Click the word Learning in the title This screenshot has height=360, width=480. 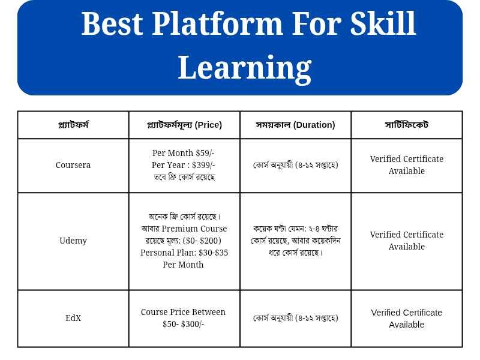[245, 68]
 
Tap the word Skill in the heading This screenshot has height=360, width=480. [383, 23]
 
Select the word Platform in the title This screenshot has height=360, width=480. [217, 23]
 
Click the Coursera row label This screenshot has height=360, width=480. [73, 165]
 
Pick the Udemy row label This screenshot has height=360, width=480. [73, 241]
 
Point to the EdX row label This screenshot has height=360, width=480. [73, 318]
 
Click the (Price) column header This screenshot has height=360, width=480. [208, 125]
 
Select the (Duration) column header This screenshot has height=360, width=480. [314, 125]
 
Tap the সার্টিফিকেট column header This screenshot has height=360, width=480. [407, 125]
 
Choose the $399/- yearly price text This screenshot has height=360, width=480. [203, 165]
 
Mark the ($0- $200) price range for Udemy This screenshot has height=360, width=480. [202, 241]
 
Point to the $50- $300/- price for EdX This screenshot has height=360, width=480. [184, 324]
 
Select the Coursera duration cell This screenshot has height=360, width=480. [295, 165]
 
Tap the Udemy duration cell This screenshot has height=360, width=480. [295, 241]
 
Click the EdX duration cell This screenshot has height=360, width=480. [295, 318]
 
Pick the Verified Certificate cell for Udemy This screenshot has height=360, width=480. [407, 241]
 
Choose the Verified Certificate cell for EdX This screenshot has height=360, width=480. [407, 319]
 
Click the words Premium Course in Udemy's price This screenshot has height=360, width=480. [194, 229]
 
